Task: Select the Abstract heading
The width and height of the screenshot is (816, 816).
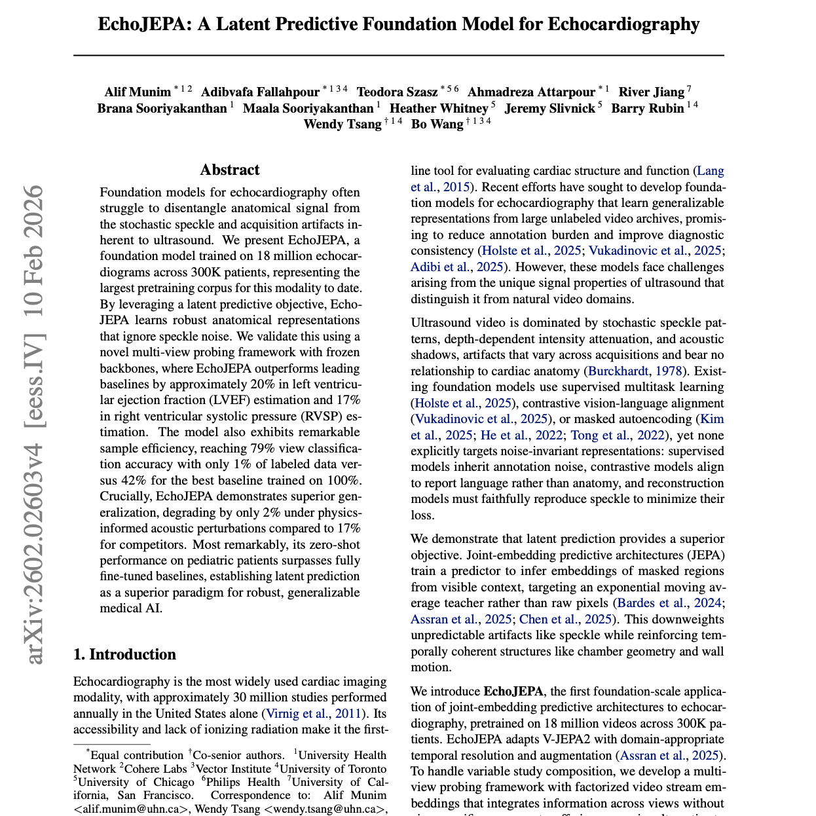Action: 230,170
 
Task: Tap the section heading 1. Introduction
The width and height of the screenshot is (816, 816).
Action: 124,654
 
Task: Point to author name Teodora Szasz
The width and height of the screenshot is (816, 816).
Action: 397,92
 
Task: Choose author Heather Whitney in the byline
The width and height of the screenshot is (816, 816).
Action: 439,109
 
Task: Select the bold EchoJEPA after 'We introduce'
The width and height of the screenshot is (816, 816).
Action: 513,692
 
